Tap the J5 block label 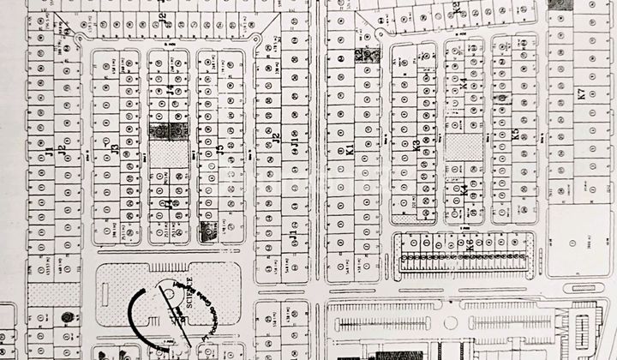tap(220, 150)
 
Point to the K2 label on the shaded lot tap(359, 56)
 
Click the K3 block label tap(416, 146)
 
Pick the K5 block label tap(515, 134)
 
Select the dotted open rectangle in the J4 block tap(168, 155)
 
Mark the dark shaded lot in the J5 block tap(207, 230)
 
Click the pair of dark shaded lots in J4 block tap(168, 130)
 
